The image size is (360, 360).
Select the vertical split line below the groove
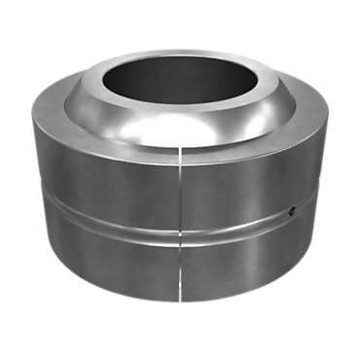pos(181,268)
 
